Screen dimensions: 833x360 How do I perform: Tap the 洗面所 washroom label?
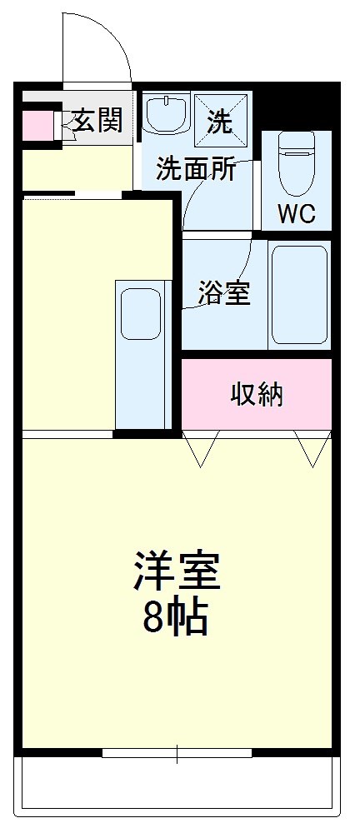tap(196, 170)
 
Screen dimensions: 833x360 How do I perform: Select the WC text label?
tap(296, 214)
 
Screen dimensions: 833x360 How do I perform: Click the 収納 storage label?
tap(257, 395)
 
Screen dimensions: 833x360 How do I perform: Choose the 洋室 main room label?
tap(177, 572)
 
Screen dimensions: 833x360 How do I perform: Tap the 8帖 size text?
tap(176, 617)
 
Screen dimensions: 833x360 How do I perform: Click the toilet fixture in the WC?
tap(295, 162)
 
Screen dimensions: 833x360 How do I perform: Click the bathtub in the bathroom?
tap(299, 295)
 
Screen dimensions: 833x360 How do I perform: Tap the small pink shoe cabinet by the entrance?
tap(37, 125)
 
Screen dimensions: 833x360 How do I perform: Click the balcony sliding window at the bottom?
tap(177, 754)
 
